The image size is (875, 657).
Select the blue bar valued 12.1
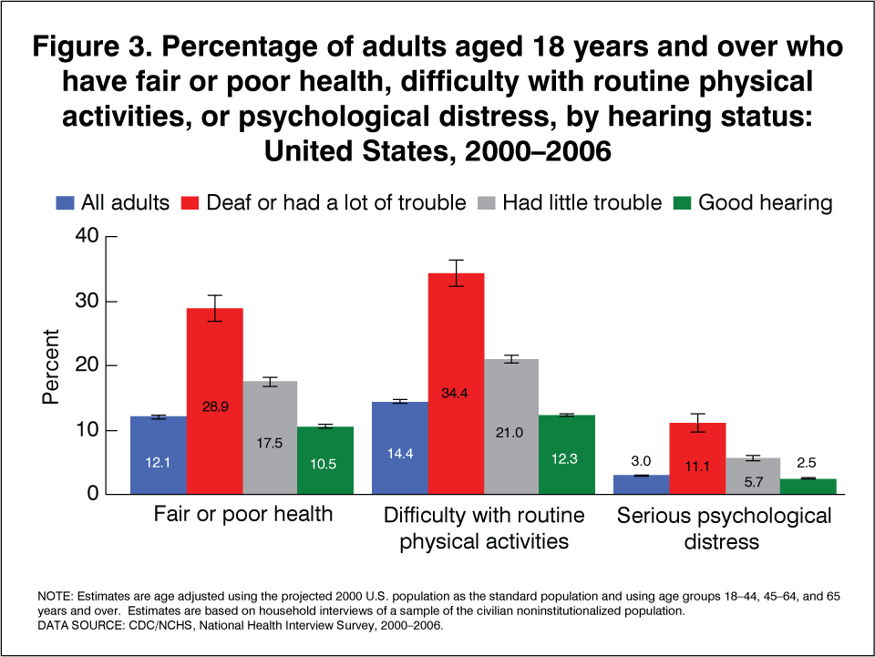point(159,456)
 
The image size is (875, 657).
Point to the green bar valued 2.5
point(808,487)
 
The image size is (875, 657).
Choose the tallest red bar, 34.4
point(456,383)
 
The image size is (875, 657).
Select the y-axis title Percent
point(52,366)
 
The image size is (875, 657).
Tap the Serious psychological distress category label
point(725,529)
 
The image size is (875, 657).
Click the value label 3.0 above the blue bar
point(641,461)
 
